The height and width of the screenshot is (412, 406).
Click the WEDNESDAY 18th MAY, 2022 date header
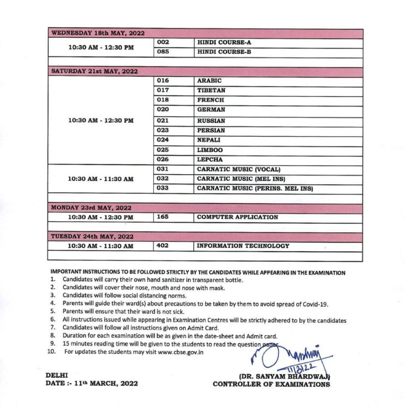(x=98, y=33)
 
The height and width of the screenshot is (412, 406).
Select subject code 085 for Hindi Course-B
(x=163, y=52)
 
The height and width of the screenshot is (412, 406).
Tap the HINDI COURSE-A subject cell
(x=224, y=42)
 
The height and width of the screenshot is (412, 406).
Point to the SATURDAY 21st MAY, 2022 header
(x=94, y=71)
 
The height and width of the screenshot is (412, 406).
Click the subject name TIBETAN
(x=211, y=90)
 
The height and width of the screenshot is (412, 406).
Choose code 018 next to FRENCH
(x=163, y=100)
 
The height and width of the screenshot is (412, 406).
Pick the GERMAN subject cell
(x=211, y=109)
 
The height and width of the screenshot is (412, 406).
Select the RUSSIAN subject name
(x=211, y=121)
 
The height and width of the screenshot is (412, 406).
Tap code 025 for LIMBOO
(x=163, y=150)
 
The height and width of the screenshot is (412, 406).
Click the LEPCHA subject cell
(x=210, y=159)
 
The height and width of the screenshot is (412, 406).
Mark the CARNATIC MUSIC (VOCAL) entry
(x=239, y=169)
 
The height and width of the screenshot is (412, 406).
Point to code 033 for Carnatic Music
(x=163, y=188)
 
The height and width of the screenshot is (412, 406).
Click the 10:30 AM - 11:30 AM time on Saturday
(x=101, y=179)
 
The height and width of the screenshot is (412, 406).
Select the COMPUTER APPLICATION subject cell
(x=237, y=217)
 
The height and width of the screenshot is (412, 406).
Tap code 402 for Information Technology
(x=163, y=245)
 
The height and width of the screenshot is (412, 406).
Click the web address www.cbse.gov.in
(x=181, y=352)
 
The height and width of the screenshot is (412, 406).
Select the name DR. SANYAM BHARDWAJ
(x=284, y=377)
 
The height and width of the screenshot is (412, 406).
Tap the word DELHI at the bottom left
(x=57, y=375)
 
